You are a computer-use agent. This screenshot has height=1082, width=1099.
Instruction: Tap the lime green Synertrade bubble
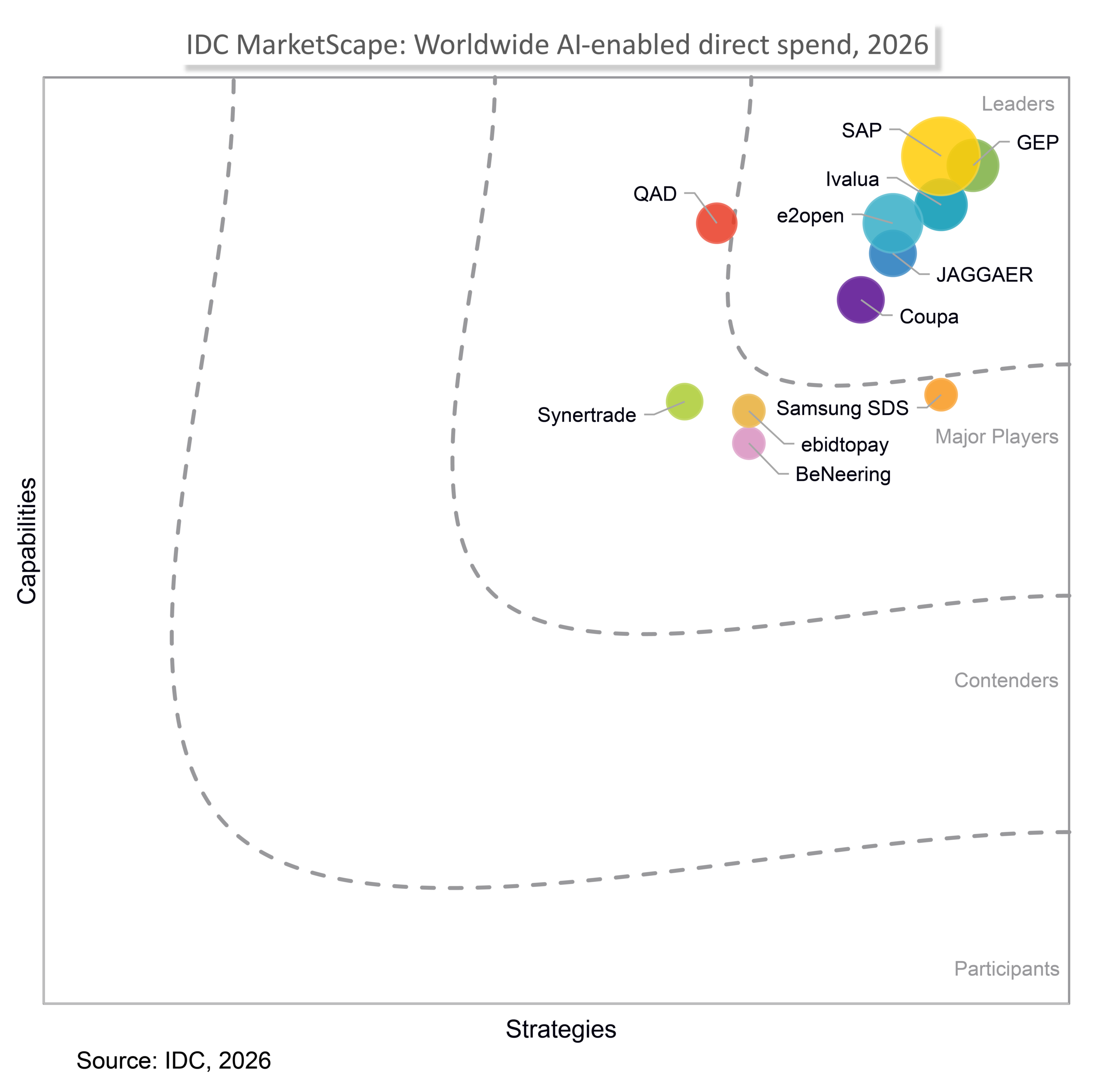tap(684, 402)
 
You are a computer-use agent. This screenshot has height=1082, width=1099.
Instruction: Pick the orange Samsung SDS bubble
tap(941, 395)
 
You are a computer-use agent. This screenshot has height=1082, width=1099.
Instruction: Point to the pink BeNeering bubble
tap(749, 443)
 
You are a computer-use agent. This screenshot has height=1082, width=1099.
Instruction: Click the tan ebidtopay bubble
tap(749, 410)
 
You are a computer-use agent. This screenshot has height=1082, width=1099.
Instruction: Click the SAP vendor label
tap(862, 131)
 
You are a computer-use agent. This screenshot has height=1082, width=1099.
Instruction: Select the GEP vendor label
tap(1038, 143)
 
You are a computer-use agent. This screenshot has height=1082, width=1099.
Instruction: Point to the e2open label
tap(811, 216)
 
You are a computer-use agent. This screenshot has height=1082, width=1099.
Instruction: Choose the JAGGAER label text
tap(984, 275)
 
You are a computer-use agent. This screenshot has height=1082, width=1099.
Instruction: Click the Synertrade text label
tap(587, 415)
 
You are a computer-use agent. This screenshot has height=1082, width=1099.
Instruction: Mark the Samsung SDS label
tap(842, 408)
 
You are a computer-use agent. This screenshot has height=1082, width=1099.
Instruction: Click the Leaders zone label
tap(1018, 104)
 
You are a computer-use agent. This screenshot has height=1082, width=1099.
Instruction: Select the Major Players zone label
tap(997, 436)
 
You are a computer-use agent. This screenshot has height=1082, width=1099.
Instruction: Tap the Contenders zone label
tap(1006, 680)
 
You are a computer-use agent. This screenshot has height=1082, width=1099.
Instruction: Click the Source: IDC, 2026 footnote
tap(174, 1061)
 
